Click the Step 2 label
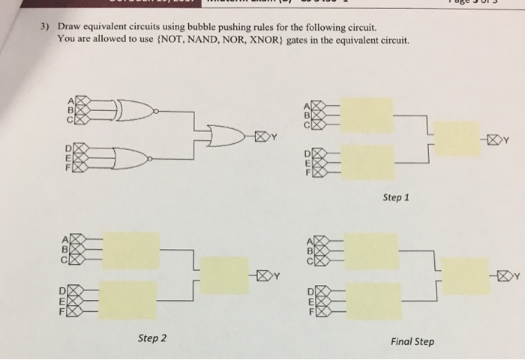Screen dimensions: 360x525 [152, 338]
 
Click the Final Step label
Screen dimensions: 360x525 [412, 342]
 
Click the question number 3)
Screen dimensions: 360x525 [45, 27]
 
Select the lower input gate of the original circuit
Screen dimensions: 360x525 [131, 158]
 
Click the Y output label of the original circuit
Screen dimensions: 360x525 [274, 136]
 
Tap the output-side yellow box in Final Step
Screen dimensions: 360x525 [465, 275]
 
